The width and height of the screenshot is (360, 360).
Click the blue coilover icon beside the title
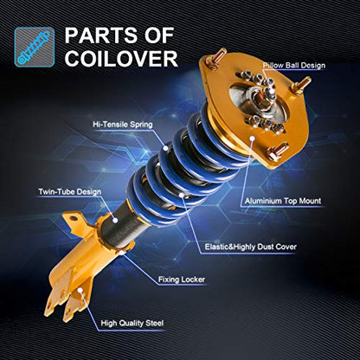pos(35,47)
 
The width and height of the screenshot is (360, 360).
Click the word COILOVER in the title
pos(121,59)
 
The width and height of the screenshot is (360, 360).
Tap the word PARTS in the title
pos(102,35)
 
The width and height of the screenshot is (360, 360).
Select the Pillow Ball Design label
pos(293,66)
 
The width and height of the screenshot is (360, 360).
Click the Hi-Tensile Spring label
pos(123,125)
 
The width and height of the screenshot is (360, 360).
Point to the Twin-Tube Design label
pos(70,192)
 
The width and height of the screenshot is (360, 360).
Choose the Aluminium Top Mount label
pos(283,201)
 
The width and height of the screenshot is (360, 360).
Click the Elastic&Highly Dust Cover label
pos(250,247)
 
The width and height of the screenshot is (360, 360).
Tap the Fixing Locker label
pos(182,280)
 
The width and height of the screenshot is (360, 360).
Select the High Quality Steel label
pos(132,323)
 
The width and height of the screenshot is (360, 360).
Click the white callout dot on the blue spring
pos(165,148)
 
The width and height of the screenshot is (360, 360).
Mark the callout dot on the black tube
pos(115,221)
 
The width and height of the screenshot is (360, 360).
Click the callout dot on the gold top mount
pos(253,138)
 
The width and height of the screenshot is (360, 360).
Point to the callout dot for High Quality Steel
pos(80,290)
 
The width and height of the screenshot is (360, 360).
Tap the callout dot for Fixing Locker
pos(122,253)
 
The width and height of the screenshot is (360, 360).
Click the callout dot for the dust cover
pos(182,196)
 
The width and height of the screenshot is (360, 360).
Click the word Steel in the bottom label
pos(154,323)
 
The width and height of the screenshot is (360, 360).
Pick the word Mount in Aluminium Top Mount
pos(310,201)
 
